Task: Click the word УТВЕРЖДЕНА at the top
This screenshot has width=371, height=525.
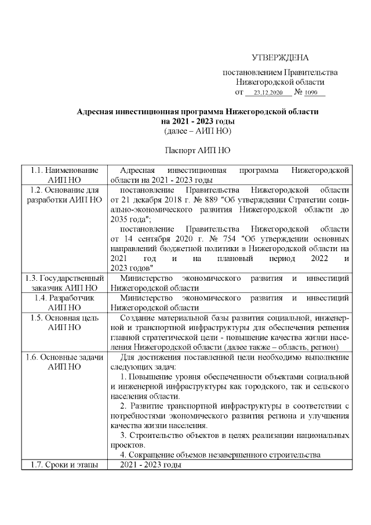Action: point(280,57)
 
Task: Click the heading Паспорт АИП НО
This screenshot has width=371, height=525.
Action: point(198,150)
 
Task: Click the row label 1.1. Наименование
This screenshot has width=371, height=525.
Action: point(64,170)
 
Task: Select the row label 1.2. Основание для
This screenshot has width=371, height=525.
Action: point(64,190)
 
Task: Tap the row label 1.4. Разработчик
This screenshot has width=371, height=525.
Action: point(64,298)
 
